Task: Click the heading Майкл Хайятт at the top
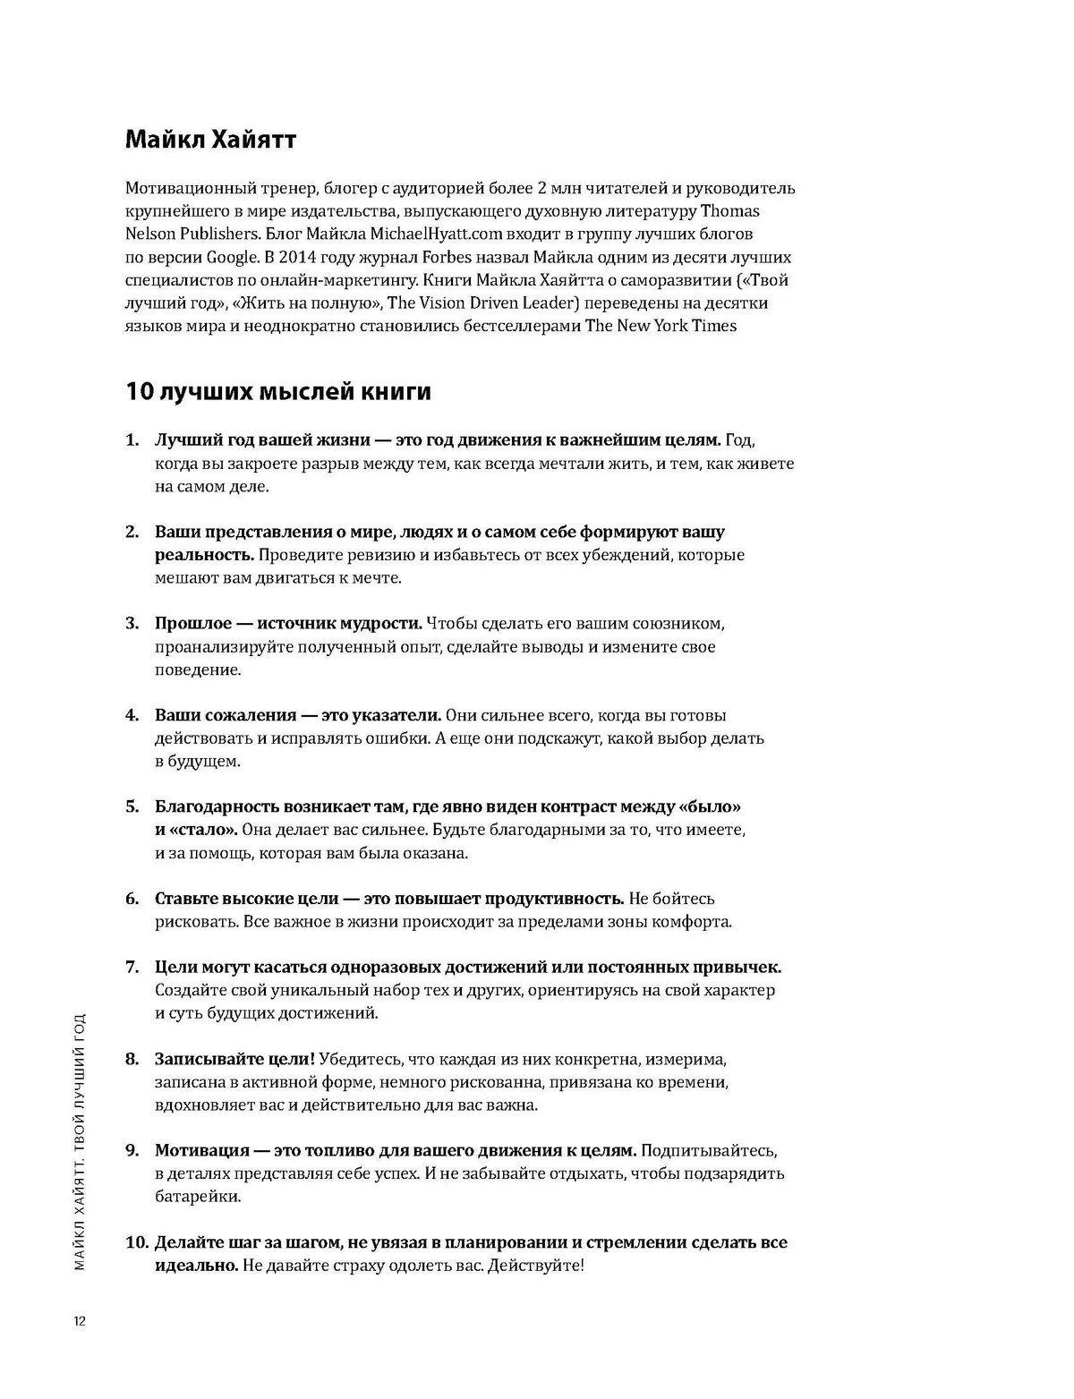tap(210, 140)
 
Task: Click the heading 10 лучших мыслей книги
tap(278, 392)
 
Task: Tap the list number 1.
tap(132, 440)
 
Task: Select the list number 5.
tap(132, 807)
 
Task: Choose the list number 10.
tap(136, 1243)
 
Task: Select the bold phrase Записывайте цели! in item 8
tap(234, 1060)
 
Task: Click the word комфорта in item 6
tap(693, 922)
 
